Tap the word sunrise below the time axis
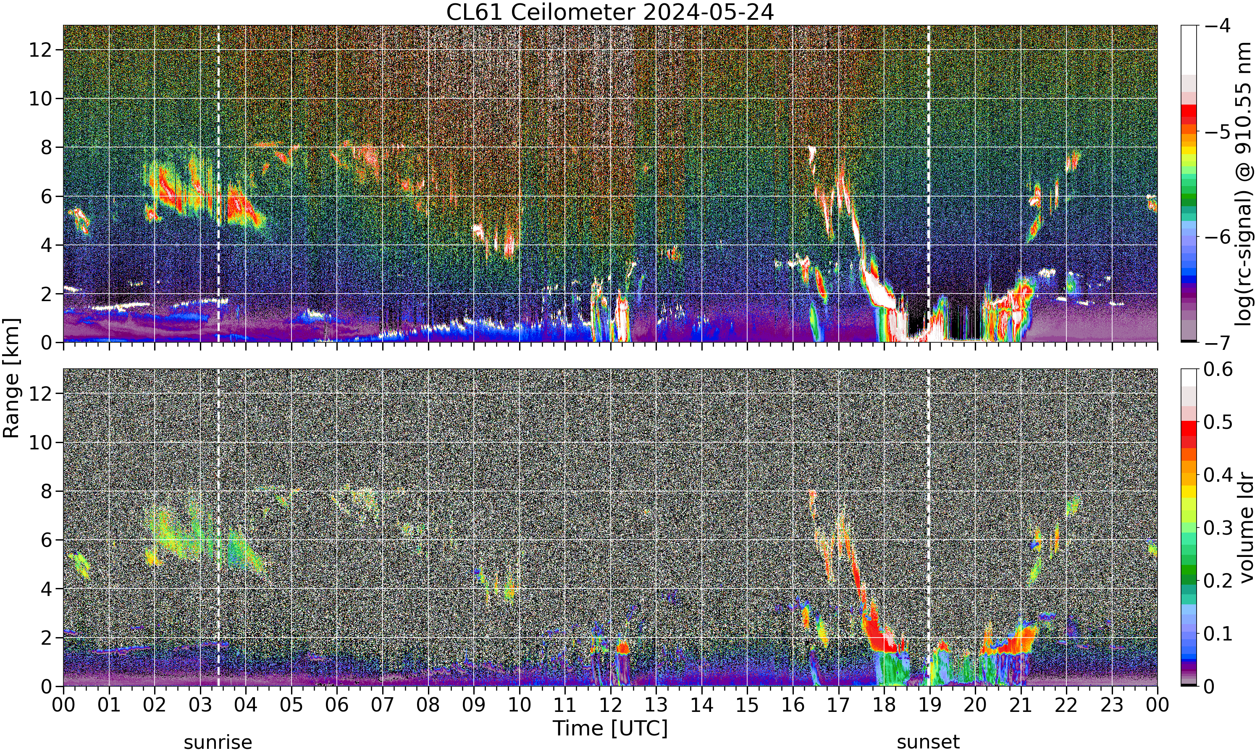click(x=218, y=742)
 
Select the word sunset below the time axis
click(x=928, y=742)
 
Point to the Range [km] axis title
click(x=11, y=378)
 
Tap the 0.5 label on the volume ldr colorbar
click(x=1218, y=423)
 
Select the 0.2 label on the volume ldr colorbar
click(x=1218, y=581)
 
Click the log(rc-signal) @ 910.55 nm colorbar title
click(x=1243, y=184)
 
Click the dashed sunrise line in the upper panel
click(x=218, y=184)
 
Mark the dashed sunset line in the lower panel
click(x=929, y=527)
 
